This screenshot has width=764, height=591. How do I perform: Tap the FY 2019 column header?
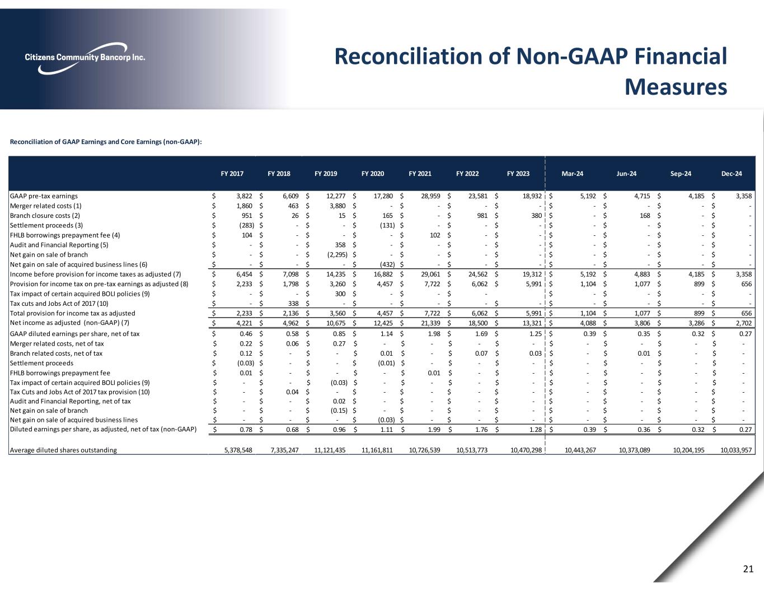point(326,174)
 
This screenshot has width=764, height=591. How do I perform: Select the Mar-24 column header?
point(572,174)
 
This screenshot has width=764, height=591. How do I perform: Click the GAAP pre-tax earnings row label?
point(44,196)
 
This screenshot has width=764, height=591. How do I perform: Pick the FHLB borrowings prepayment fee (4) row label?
point(64,235)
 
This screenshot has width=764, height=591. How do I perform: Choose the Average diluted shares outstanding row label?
point(64,450)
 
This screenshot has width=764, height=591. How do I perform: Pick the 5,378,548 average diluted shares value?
point(236,450)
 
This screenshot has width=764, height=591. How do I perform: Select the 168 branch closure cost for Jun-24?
point(645,215)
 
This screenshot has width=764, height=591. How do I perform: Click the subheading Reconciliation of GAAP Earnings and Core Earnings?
point(106,142)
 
